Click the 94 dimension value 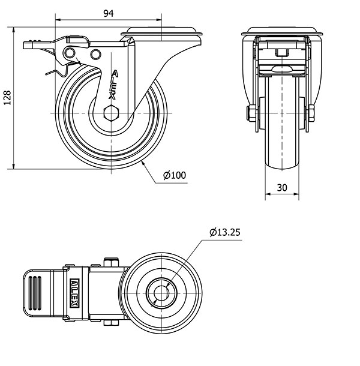pyautogui.click(x=109, y=14)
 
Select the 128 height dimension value pyautogui.click(x=7, y=98)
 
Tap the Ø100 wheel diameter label pyautogui.click(x=175, y=175)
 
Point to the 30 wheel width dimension pyautogui.click(x=282, y=187)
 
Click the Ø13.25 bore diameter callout pyautogui.click(x=224, y=232)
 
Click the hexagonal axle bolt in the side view pyautogui.click(x=112, y=113)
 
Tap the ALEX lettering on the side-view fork pyautogui.click(x=113, y=85)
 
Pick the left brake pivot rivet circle pyautogui.click(x=70, y=53)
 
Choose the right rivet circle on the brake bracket pyautogui.click(x=95, y=55)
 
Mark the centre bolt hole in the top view pyautogui.click(x=161, y=293)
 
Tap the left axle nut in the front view pyautogui.click(x=251, y=113)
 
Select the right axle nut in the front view pyautogui.click(x=311, y=113)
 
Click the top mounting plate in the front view pyautogui.click(x=282, y=31)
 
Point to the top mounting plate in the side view pyautogui.click(x=161, y=31)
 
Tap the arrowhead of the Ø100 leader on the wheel pyautogui.click(x=143, y=163)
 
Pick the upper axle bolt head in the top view pyautogui.click(x=111, y=262)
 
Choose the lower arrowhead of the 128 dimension pyautogui.click(x=14, y=166)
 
